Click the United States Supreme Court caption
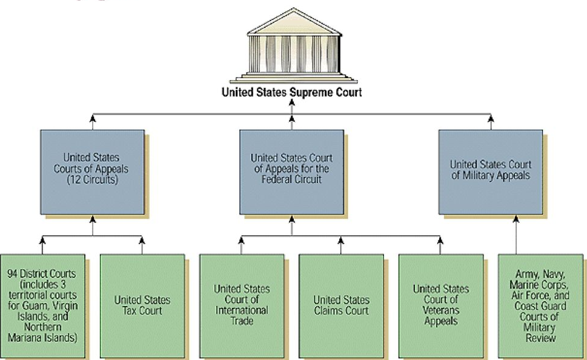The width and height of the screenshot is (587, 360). pyautogui.click(x=291, y=92)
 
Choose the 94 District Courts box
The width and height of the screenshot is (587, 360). pyautogui.click(x=42, y=305)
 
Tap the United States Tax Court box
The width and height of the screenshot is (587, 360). pyautogui.click(x=142, y=305)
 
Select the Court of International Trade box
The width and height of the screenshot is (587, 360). pyautogui.click(x=242, y=305)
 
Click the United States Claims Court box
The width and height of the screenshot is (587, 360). pyautogui.click(x=340, y=305)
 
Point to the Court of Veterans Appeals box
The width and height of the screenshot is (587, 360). pyautogui.click(x=440, y=305)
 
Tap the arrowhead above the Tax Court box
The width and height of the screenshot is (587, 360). pyautogui.click(x=142, y=241)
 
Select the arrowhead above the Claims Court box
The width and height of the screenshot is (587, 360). pyautogui.click(x=340, y=241)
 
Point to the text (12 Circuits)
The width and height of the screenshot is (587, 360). pyautogui.click(x=93, y=180)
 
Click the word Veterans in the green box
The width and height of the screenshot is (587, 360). pyautogui.click(x=440, y=310)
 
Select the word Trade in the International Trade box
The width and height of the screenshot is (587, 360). pyautogui.click(x=242, y=321)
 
